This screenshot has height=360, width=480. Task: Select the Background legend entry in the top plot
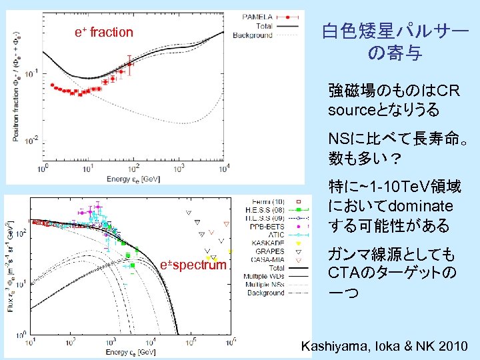click(253, 35)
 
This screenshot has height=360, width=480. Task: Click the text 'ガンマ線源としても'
click(391, 255)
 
